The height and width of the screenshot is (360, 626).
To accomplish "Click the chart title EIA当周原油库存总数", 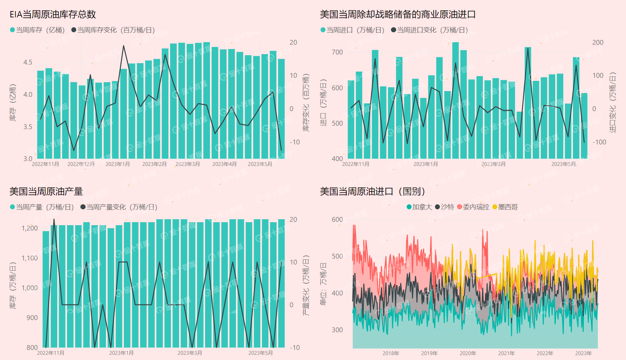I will pyautogui.click(x=52, y=15).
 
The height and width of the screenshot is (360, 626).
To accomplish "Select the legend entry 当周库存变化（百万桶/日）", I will pyautogui.click(x=113, y=30).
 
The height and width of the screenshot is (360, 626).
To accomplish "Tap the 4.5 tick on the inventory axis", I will pyautogui.click(x=28, y=62).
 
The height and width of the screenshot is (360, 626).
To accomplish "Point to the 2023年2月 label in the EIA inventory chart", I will pyautogui.click(x=154, y=164).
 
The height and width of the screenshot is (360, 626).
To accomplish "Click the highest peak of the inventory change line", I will pyautogui.click(x=124, y=46).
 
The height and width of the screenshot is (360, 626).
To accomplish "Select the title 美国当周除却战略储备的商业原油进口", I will pyautogui.click(x=397, y=15).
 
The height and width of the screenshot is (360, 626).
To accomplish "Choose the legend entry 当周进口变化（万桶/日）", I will pyautogui.click(x=430, y=30).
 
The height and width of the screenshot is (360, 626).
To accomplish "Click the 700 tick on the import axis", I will pyautogui.click(x=337, y=52).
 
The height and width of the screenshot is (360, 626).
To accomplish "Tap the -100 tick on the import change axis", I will pyautogui.click(x=599, y=142).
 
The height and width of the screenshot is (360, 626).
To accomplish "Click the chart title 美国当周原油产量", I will pyautogui.click(x=46, y=192).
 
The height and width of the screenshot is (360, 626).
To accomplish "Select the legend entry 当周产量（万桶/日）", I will pyautogui.click(x=42, y=207).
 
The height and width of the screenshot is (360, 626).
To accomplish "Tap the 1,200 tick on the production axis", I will pyautogui.click(x=30, y=228).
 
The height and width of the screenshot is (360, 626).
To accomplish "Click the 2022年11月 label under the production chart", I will pyautogui.click(x=51, y=353).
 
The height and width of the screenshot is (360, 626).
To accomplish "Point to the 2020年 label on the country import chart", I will pyautogui.click(x=468, y=353).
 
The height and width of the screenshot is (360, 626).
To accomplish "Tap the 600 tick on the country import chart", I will pyautogui.click(x=337, y=220).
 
